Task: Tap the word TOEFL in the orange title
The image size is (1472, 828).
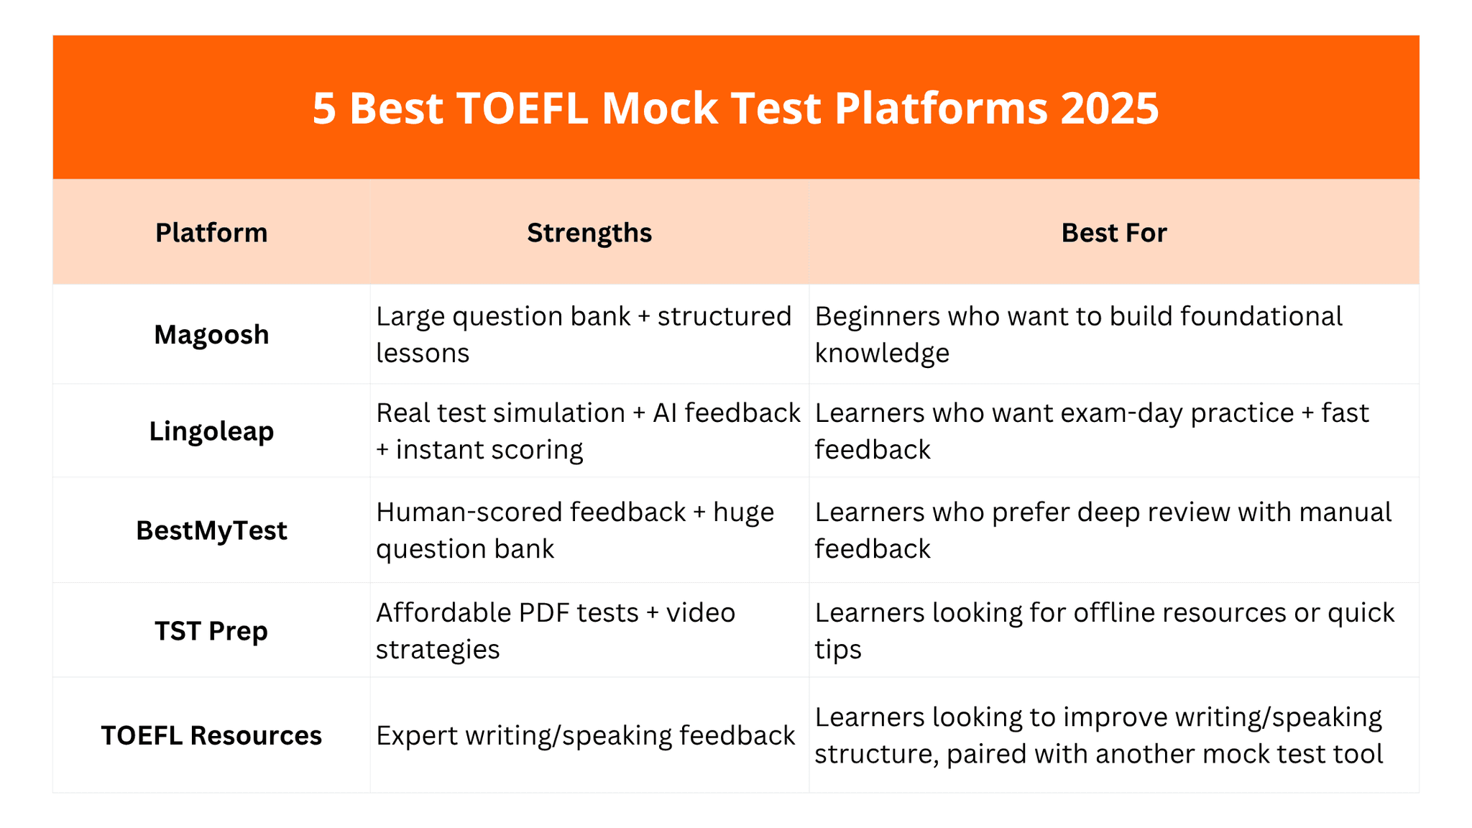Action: [522, 109]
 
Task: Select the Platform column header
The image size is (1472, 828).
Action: [211, 233]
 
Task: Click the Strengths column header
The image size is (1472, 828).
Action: [589, 233]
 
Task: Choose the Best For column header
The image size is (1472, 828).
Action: [1113, 233]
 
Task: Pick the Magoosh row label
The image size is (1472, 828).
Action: [211, 335]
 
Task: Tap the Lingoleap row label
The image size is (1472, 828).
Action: [211, 431]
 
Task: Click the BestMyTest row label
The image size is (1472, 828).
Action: [211, 530]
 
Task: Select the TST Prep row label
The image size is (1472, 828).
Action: [211, 631]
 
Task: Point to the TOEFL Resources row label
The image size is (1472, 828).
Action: [211, 735]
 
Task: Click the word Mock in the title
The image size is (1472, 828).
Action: [659, 109]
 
